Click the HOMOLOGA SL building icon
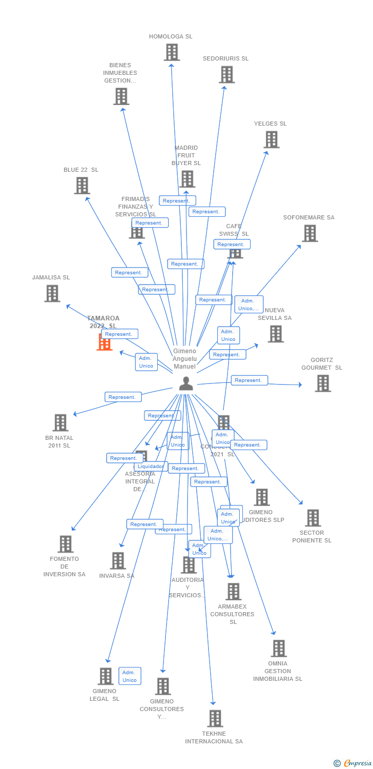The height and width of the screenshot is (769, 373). (172, 52)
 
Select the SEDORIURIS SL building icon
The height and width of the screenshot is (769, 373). (226, 74)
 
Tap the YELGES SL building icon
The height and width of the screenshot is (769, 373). (272, 139)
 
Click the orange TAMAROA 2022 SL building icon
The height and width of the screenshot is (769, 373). (105, 342)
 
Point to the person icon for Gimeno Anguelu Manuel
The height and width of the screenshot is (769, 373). (186, 383)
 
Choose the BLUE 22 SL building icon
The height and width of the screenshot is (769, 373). (82, 186)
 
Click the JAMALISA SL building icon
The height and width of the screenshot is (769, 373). (52, 293)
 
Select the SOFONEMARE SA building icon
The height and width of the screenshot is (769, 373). (309, 233)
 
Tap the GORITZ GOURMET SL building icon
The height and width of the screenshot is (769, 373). (323, 383)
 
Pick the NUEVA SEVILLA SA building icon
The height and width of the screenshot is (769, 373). (276, 334)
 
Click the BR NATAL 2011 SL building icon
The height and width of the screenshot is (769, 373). (60, 422)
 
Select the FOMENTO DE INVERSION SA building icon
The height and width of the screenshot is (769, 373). (66, 544)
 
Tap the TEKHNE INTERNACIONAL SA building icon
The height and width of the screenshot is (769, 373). (215, 718)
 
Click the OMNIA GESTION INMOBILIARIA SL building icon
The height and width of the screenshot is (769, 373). (279, 649)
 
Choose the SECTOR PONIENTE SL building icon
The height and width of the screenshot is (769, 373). (313, 518)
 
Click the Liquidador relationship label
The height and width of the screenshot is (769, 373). (151, 467)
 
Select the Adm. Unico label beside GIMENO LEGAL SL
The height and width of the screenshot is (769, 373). (130, 676)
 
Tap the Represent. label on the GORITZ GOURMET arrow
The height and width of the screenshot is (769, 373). (249, 380)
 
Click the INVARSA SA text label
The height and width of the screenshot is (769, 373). (117, 576)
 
